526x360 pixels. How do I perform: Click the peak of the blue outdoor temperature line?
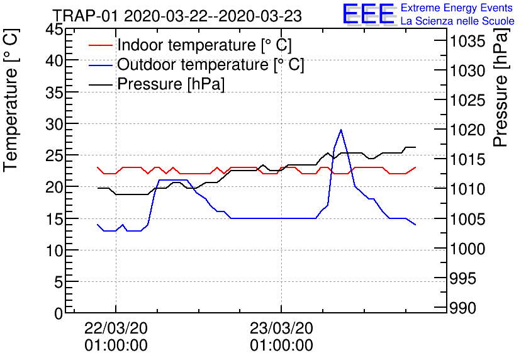tap(341, 130)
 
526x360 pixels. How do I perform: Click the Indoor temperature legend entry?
tap(204, 45)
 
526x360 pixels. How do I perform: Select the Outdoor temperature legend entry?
tap(210, 65)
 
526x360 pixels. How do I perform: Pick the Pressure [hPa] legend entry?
tap(171, 84)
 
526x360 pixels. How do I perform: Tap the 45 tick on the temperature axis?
tap(54, 29)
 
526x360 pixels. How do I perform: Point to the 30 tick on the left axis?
tap(54, 124)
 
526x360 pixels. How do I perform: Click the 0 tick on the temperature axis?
tap(59, 313)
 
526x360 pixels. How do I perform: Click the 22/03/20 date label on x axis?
tap(116, 328)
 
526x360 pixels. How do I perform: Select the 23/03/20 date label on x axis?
tap(281, 328)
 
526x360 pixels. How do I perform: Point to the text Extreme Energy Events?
tap(457, 8)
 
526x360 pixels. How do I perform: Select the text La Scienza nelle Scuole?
tap(457, 21)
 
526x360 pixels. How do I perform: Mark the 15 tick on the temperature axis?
tap(54, 219)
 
